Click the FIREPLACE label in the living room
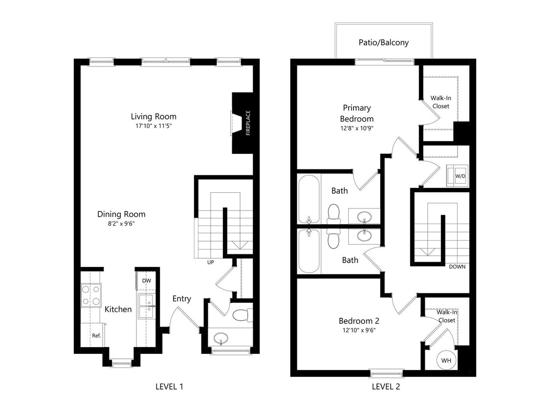click(x=248, y=123)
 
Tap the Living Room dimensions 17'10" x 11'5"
click(x=154, y=126)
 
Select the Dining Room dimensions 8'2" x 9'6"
click(x=121, y=224)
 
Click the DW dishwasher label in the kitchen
click(x=146, y=281)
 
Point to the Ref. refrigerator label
click(x=96, y=335)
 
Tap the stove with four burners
click(x=90, y=295)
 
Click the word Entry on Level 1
click(x=181, y=299)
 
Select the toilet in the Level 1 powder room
click(x=241, y=315)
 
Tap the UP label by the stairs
click(x=211, y=262)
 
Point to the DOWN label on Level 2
click(x=457, y=267)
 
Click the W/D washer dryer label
click(x=460, y=175)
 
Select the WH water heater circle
click(x=446, y=360)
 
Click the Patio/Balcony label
click(x=383, y=42)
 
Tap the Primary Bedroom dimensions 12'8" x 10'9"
click(x=357, y=128)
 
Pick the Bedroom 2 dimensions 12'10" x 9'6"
click(x=359, y=330)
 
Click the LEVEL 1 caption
click(x=169, y=387)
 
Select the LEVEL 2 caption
click(x=386, y=387)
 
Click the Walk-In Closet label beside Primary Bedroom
click(x=440, y=102)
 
